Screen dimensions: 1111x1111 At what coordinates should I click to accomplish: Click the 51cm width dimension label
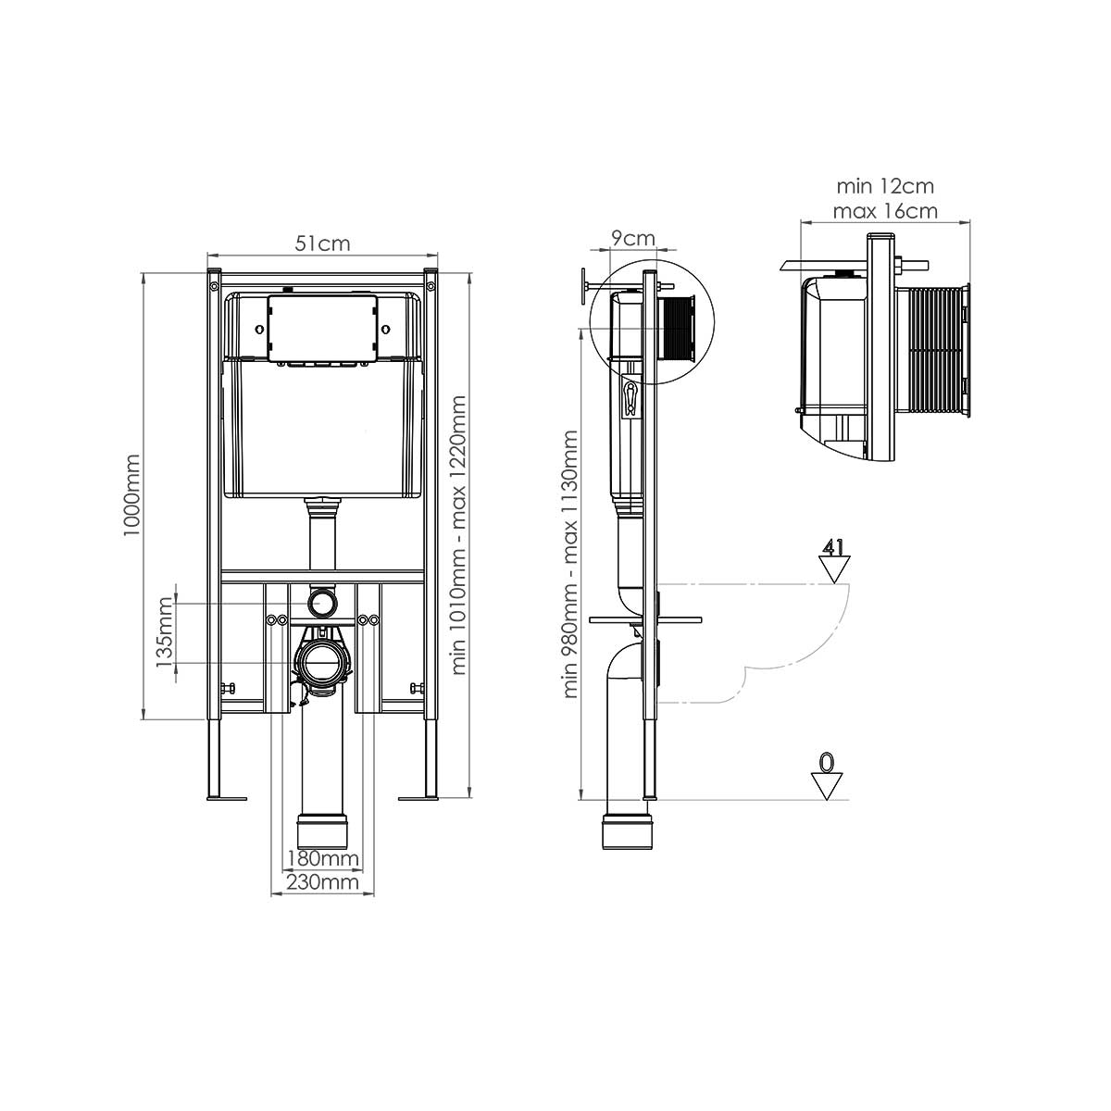(x=321, y=243)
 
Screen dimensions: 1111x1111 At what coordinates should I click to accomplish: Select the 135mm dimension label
(x=165, y=633)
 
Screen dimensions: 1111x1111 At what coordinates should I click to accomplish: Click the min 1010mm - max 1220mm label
(x=460, y=535)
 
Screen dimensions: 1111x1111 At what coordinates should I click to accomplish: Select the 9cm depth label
(x=634, y=238)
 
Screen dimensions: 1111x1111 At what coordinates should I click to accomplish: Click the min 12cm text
(x=884, y=187)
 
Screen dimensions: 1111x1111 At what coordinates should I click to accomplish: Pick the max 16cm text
(x=884, y=211)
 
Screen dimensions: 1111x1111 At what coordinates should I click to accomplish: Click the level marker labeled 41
(x=834, y=561)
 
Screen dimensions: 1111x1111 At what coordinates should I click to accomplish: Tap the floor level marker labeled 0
(x=828, y=776)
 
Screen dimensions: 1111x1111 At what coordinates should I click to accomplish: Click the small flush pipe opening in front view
(x=322, y=603)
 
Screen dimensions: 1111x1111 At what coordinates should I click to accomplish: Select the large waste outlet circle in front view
(x=321, y=663)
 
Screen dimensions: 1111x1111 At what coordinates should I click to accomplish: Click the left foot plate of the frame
(x=222, y=796)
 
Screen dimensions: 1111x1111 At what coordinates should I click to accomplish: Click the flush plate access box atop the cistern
(x=321, y=327)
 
